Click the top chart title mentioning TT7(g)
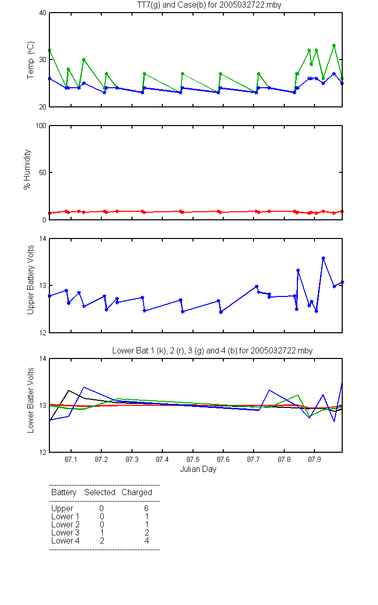(x=209, y=5)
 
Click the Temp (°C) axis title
(x=31, y=60)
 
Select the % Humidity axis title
(x=27, y=169)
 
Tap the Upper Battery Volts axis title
(x=31, y=280)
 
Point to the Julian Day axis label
(x=198, y=469)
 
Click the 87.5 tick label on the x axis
(x=193, y=459)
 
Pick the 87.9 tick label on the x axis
(x=314, y=459)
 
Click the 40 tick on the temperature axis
(x=43, y=13)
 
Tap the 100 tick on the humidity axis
(x=41, y=126)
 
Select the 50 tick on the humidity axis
(x=43, y=172)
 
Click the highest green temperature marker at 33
(x=334, y=46)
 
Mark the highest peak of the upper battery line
(x=323, y=258)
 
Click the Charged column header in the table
(x=137, y=493)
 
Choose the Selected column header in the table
(x=100, y=492)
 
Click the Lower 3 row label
(x=66, y=532)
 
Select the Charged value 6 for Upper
(x=146, y=508)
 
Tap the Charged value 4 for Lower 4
(x=147, y=540)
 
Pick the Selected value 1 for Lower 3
(x=102, y=532)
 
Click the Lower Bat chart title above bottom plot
(x=212, y=350)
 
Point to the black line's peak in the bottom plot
(x=69, y=391)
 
